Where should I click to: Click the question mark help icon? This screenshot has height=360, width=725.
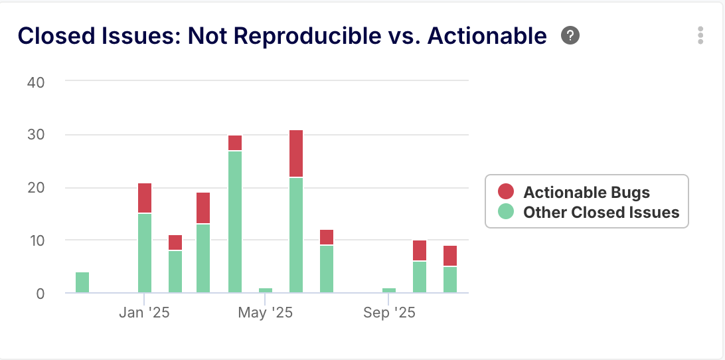click(x=570, y=35)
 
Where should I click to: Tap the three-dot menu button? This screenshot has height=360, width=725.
click(x=700, y=35)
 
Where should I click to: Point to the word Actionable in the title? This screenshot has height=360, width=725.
click(x=487, y=36)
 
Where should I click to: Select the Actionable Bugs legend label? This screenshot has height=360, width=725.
click(x=586, y=193)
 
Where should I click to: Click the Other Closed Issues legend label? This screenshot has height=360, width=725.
click(x=601, y=213)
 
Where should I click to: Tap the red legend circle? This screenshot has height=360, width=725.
click(x=506, y=192)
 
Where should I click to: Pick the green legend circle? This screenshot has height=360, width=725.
click(x=506, y=212)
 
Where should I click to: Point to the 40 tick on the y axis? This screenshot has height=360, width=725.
click(x=35, y=82)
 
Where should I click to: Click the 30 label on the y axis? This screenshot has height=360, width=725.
click(x=35, y=135)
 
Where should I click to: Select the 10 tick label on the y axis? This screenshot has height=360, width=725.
click(x=35, y=240)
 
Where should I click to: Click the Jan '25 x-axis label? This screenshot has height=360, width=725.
click(x=144, y=312)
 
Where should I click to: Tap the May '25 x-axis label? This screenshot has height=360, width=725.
click(x=265, y=312)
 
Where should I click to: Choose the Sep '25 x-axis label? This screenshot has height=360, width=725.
click(x=389, y=312)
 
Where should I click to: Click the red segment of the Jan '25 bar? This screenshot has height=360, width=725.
click(x=145, y=198)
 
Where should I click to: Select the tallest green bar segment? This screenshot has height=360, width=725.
click(x=235, y=222)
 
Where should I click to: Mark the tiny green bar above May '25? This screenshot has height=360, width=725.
click(x=266, y=290)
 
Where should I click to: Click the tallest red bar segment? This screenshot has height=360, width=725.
click(x=296, y=153)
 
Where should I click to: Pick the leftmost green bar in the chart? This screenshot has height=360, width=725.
click(x=82, y=282)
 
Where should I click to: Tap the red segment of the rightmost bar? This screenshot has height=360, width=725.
click(x=450, y=256)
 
